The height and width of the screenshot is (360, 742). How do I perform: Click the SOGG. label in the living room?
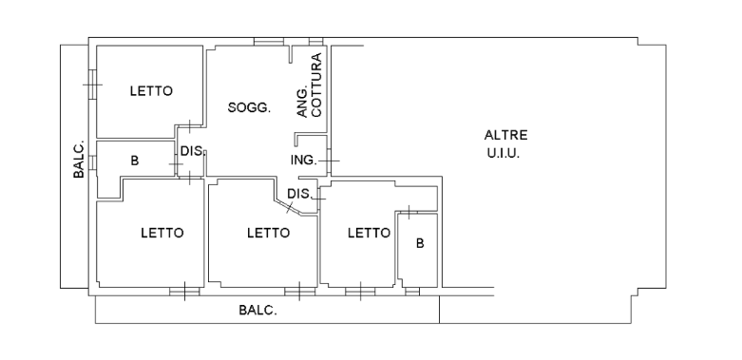tap(249, 108)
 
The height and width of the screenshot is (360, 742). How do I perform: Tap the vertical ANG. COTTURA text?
tap(310, 85)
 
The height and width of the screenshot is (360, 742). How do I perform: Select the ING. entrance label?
tap(303, 161)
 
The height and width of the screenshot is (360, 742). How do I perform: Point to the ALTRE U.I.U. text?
tap(504, 144)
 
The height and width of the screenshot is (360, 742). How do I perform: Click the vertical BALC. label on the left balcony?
tap(79, 159)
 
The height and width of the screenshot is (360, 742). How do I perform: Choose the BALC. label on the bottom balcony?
tap(257, 311)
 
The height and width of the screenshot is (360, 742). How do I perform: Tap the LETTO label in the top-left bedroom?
tap(151, 91)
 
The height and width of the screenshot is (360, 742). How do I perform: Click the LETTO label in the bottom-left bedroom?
tap(162, 233)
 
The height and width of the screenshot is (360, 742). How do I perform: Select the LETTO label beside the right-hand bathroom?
tap(370, 233)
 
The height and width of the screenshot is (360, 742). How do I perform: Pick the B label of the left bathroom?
tap(135, 161)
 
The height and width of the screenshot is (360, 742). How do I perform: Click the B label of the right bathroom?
tap(420, 243)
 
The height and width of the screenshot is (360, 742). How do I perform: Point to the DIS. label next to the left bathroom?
tap(192, 151)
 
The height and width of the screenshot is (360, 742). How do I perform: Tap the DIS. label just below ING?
tap(299, 194)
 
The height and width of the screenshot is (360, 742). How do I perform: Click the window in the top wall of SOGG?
tap(269, 42)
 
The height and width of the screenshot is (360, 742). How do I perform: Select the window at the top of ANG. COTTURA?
tap(316, 42)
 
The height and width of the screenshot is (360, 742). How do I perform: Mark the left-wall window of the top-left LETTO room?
tap(92, 85)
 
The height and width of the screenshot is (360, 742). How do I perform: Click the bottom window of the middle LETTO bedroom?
tap(299, 292)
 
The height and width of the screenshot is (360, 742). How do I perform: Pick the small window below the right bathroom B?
tap(412, 292)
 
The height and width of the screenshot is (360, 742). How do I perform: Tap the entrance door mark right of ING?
tap(329, 161)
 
